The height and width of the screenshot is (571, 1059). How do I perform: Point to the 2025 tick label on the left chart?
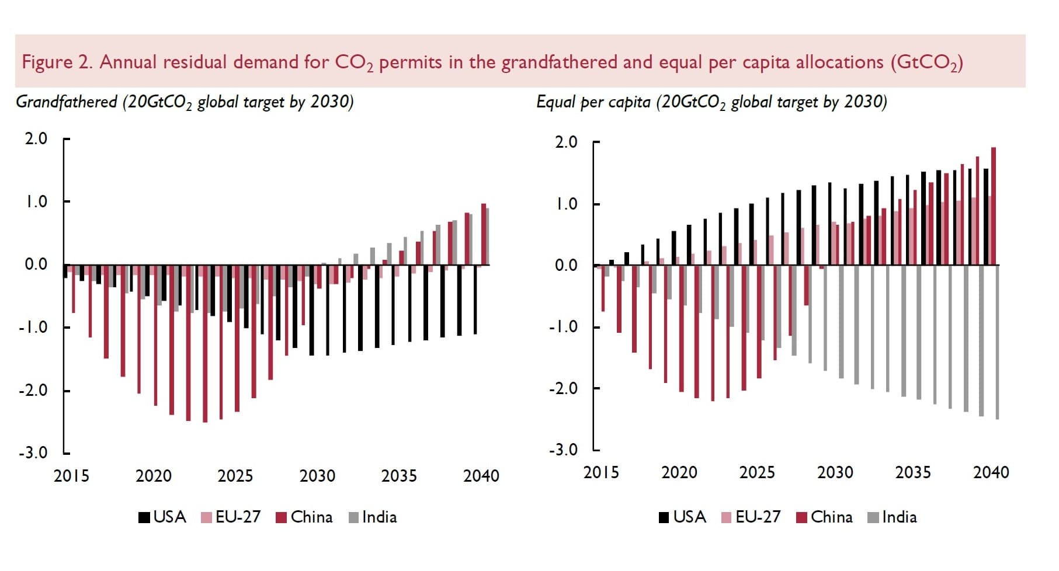click(235, 476)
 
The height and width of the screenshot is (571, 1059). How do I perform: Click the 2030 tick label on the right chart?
click(835, 472)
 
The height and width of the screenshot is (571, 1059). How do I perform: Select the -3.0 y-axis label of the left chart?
click(34, 453)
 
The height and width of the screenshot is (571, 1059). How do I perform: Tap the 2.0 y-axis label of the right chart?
click(565, 142)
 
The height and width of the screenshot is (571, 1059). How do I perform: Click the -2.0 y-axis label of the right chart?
click(563, 388)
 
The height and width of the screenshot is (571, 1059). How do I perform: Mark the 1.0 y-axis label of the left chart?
click(36, 202)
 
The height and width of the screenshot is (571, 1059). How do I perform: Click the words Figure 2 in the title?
click(57, 62)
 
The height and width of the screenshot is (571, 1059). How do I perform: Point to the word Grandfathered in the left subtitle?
click(67, 102)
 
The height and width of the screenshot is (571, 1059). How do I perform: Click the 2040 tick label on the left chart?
click(481, 476)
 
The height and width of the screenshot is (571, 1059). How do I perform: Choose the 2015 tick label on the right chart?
click(600, 472)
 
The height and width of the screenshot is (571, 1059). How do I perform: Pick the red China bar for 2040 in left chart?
click(484, 234)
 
